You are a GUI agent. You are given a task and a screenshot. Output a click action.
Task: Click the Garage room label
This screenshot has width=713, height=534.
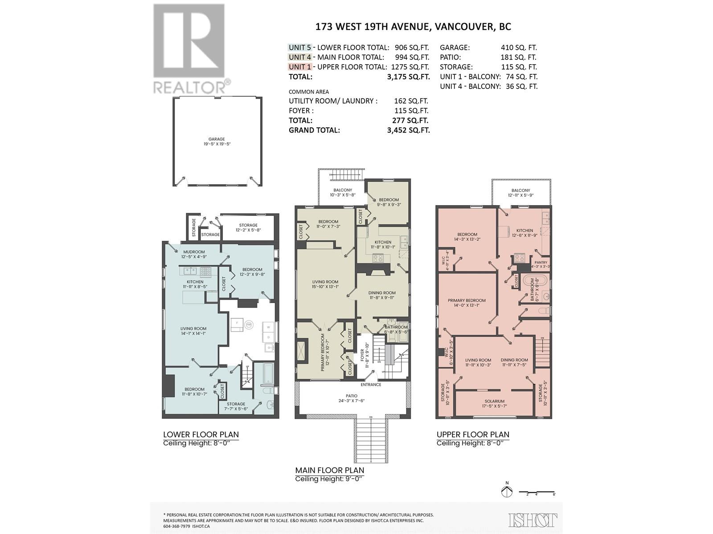coord(217,139)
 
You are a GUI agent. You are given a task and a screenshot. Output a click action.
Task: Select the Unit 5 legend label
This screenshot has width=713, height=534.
coord(299,48)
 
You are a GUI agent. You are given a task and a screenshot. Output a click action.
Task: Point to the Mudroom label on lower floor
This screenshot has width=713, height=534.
coord(193,252)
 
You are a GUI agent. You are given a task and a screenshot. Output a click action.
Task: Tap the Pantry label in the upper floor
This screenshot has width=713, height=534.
coord(541,263)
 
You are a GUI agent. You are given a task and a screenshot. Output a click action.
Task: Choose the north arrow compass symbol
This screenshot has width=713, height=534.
coord(507,491)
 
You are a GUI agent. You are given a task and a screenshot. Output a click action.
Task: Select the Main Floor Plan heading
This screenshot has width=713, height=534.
coord(329,470)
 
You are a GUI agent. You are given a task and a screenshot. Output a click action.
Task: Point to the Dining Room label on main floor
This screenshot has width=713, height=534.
coord(382,293)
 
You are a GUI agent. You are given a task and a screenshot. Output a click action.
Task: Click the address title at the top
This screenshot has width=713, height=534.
coord(413,27)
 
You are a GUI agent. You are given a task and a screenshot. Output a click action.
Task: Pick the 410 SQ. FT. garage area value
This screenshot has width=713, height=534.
coord(519,48)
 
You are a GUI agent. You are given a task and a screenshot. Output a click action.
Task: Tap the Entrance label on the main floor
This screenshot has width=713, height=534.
coord(371,384)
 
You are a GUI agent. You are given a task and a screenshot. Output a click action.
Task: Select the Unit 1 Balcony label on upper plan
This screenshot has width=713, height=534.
coord(521,190)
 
